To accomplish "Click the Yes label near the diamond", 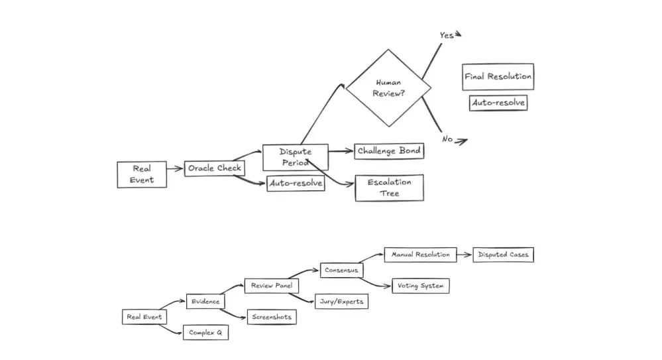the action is (447, 36).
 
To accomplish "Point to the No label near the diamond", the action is (447, 139).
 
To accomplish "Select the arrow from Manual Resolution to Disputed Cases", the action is (465, 255).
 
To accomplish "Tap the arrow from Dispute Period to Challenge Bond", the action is (341, 151).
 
